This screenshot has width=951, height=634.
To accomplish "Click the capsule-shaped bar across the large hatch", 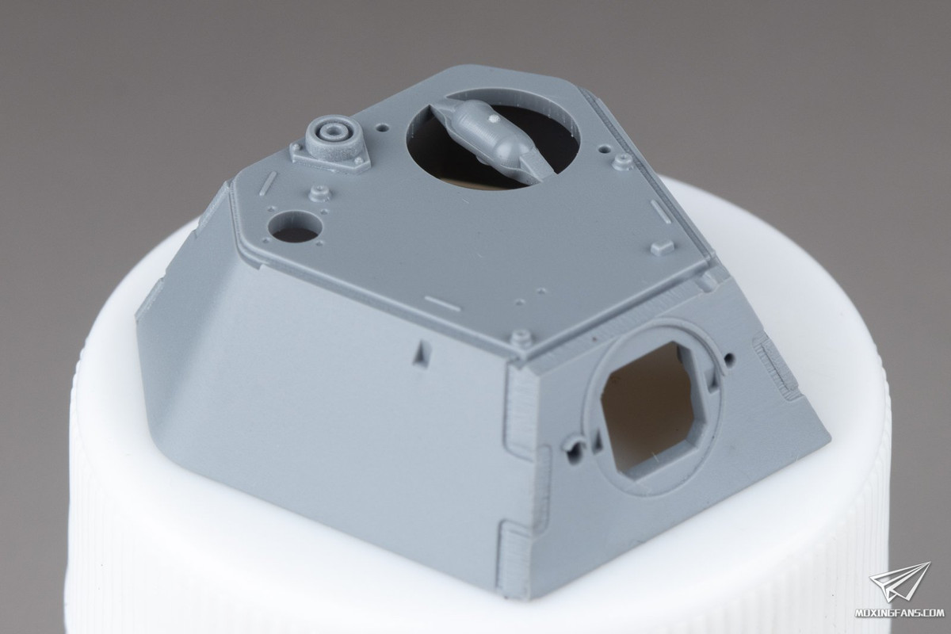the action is click(x=492, y=139).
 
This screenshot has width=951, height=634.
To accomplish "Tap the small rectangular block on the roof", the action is click(x=663, y=246).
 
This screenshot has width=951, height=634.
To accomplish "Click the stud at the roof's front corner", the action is click(x=521, y=338).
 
